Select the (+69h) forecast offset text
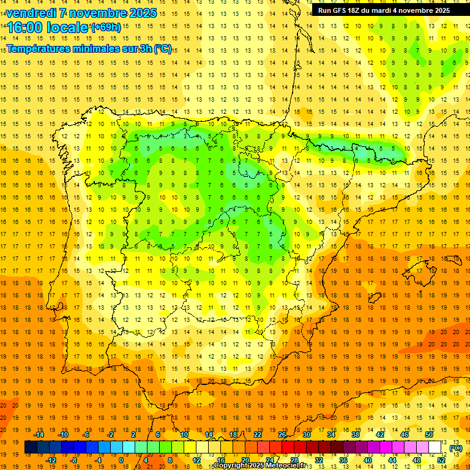[x=106, y=28]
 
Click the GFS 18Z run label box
[x=384, y=10]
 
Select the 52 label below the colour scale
[x=441, y=460]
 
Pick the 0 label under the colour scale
[x=121, y=460]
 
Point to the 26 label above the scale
[x=282, y=434]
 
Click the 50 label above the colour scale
[x=429, y=434]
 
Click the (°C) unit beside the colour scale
[x=455, y=447]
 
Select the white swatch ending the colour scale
[x=435, y=447]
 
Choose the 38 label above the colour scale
[x=356, y=434]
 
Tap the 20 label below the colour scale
[x=245, y=460]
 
